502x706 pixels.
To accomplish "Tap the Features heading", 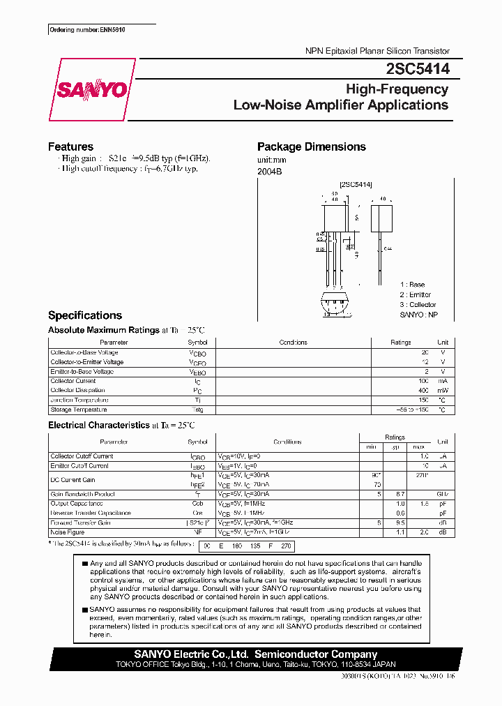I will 70,147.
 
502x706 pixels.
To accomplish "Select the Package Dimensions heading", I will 311,147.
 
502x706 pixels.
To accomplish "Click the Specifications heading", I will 84,315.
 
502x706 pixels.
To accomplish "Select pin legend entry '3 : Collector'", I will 418,305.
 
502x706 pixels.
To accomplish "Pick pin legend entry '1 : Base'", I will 412,285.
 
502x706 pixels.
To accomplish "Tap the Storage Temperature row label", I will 79,410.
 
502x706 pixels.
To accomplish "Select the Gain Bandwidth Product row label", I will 82,494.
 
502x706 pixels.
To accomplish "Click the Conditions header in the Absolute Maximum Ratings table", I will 293,343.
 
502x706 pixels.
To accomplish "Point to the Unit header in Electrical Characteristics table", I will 442,442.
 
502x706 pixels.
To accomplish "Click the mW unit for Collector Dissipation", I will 442,391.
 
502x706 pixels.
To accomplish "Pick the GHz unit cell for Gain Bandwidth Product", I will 442,494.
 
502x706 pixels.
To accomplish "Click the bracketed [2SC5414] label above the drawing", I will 356,185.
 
